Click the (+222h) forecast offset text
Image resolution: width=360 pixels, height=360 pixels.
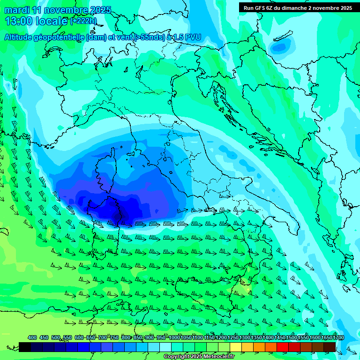click(x=83, y=21)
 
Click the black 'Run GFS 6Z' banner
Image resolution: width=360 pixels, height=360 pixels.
click(x=298, y=7)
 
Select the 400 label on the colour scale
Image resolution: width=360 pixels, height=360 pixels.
click(x=32, y=338)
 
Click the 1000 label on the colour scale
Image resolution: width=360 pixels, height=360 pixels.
click(x=174, y=338)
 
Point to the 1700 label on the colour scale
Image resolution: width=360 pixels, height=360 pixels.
click(x=338, y=338)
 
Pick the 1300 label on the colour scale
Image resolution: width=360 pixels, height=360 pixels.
click(x=245, y=338)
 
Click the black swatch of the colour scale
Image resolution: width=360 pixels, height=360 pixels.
click(x=25, y=347)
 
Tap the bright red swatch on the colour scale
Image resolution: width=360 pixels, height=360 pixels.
click(x=283, y=347)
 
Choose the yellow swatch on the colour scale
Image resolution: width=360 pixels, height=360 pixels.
click(x=236, y=347)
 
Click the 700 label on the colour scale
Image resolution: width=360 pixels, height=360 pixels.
click(x=103, y=338)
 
